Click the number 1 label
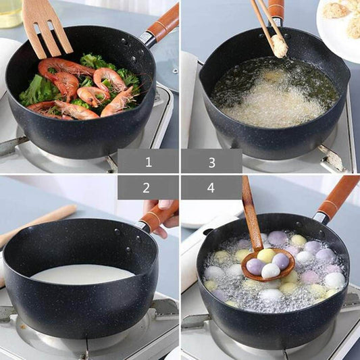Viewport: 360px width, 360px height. click(148, 161)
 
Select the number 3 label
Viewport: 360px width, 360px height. click(211, 161)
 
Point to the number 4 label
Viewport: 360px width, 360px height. click(211, 188)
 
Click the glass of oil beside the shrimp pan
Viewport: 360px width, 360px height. click(10, 13)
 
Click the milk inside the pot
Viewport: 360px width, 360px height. click(81, 274)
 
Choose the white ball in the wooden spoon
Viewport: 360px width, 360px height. click(271, 270)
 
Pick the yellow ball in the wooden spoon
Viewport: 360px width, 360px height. click(266, 256)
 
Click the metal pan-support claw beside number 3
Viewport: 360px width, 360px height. click(331, 161)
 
